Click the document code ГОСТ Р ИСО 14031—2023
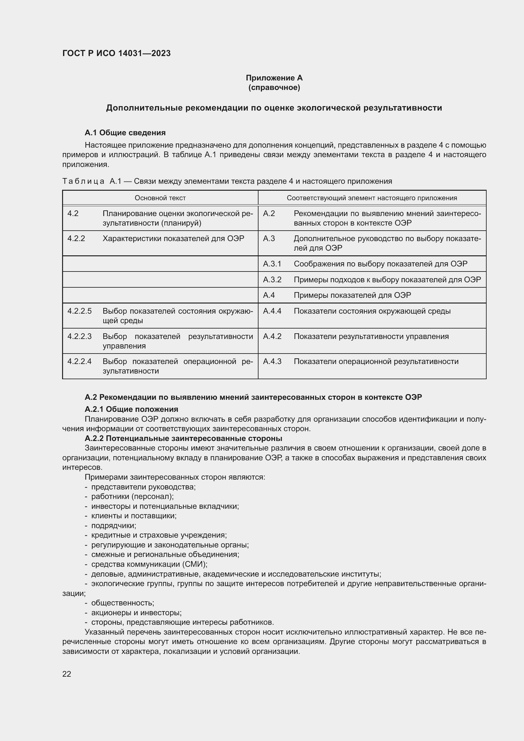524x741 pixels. pos(117,53)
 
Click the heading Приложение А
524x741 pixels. pos(274,78)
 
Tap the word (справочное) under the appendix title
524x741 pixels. pos(274,87)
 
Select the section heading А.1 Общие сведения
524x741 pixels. pos(125,133)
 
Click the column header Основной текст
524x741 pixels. pos(160,198)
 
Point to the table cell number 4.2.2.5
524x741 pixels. pos(80,311)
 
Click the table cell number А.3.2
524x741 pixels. pos(272,279)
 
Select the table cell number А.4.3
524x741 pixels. pos(272,361)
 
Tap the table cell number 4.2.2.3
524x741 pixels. pos(80,336)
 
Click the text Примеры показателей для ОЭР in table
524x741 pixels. pos(352,295)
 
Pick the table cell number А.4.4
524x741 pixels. pos(272,311)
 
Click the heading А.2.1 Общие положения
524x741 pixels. pos(131,409)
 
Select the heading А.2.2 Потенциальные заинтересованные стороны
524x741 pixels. pos(183,438)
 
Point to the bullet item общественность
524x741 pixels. pos(123,603)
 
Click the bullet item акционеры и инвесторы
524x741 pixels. pos(136,613)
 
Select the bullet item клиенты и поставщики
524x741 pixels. pos(134,516)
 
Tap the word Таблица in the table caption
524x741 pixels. pos(83,182)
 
